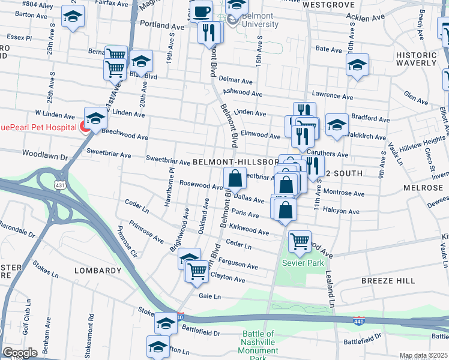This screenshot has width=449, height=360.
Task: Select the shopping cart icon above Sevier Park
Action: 300,242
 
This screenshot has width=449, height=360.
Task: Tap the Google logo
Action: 20,353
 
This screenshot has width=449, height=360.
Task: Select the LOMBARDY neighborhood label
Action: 98,271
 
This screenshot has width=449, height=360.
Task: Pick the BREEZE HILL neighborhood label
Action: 388,281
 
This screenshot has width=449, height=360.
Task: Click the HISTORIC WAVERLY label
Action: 416,59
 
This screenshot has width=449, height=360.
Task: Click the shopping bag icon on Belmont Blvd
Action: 235,178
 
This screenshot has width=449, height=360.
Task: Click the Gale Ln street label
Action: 209,296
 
